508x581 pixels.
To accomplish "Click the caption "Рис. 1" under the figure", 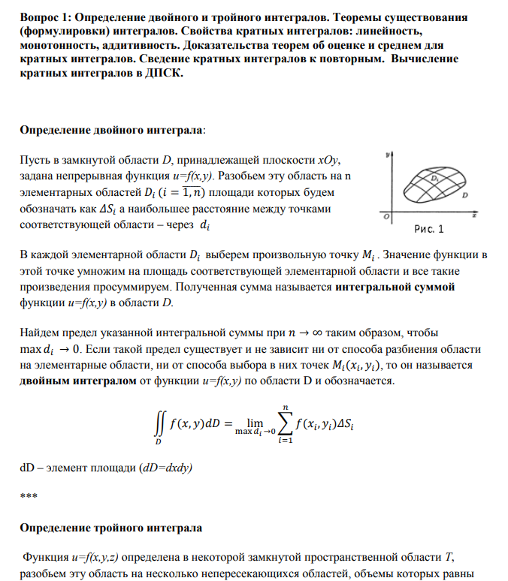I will [429, 228].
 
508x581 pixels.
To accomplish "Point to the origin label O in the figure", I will [386, 217].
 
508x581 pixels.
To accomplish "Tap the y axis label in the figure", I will [386, 155].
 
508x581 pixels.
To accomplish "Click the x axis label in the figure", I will [475, 215].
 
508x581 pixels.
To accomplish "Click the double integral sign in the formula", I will [157, 425].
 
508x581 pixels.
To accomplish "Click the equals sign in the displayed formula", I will [225, 424].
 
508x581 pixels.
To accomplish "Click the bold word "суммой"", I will [437, 287].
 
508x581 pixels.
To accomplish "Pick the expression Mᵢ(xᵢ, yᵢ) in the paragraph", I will [353, 365].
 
